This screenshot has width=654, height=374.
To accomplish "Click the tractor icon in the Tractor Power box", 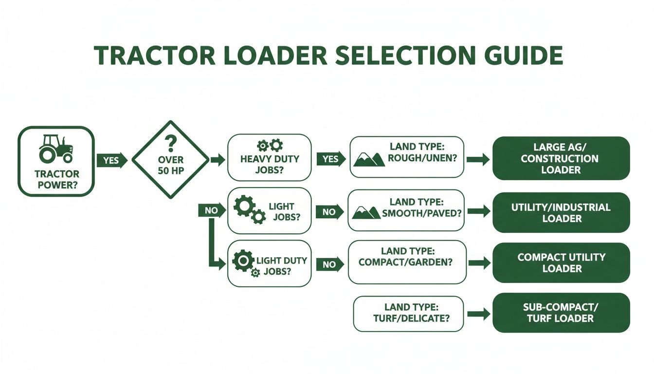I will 55,149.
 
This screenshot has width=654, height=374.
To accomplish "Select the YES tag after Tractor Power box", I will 111,160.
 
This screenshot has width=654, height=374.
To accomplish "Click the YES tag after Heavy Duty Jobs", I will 330,159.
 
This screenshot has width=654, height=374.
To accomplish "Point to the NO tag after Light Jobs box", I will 329,212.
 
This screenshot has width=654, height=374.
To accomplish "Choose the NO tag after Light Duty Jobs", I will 329,264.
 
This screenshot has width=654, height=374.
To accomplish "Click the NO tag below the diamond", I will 211,211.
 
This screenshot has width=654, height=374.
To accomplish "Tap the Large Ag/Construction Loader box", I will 561,158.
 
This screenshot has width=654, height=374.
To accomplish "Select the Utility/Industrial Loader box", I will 561,213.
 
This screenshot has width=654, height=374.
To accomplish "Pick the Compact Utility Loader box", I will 561,262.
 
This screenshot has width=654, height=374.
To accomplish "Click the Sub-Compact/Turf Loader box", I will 561,313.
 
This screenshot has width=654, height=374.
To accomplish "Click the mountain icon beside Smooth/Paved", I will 366,212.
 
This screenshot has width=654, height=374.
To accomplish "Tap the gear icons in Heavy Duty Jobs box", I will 270,145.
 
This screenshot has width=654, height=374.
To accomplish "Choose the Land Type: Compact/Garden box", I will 407,262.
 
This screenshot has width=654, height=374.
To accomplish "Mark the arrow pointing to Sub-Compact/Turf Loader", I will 479,314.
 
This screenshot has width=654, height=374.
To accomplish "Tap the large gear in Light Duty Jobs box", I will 243,261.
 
